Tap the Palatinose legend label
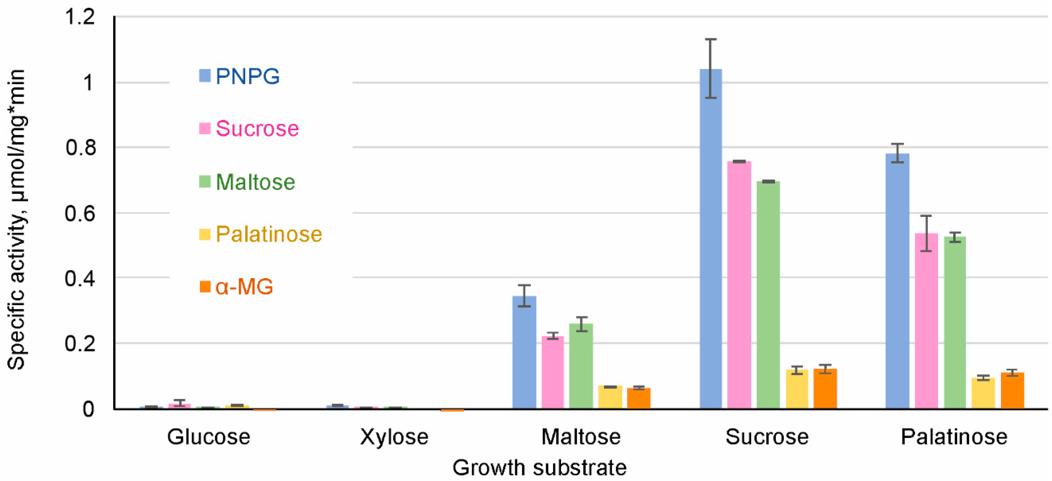[269, 234]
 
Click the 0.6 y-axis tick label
[80, 213]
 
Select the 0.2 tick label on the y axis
[80, 343]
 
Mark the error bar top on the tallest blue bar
[711, 39]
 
